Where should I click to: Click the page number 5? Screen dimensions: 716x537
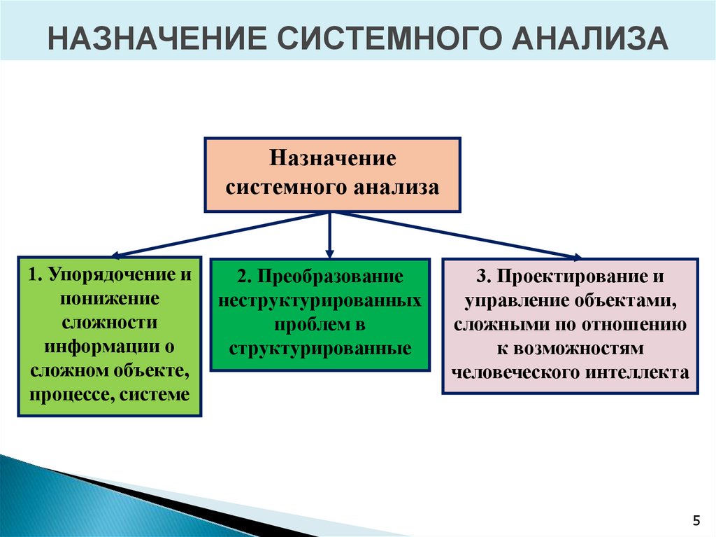click(x=696, y=519)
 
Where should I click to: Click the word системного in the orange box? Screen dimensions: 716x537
click(x=287, y=187)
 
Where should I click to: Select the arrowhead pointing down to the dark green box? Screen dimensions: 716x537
click(x=331, y=252)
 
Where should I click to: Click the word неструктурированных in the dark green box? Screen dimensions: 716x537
click(x=320, y=301)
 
